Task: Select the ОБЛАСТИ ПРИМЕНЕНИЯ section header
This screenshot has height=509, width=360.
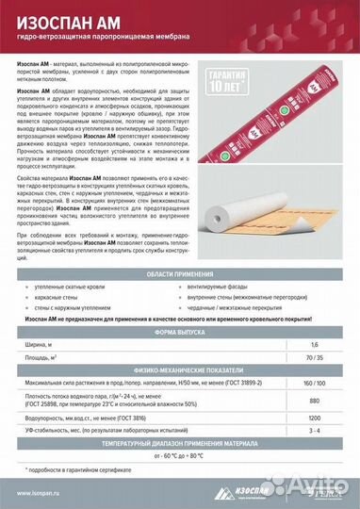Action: (180, 245)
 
